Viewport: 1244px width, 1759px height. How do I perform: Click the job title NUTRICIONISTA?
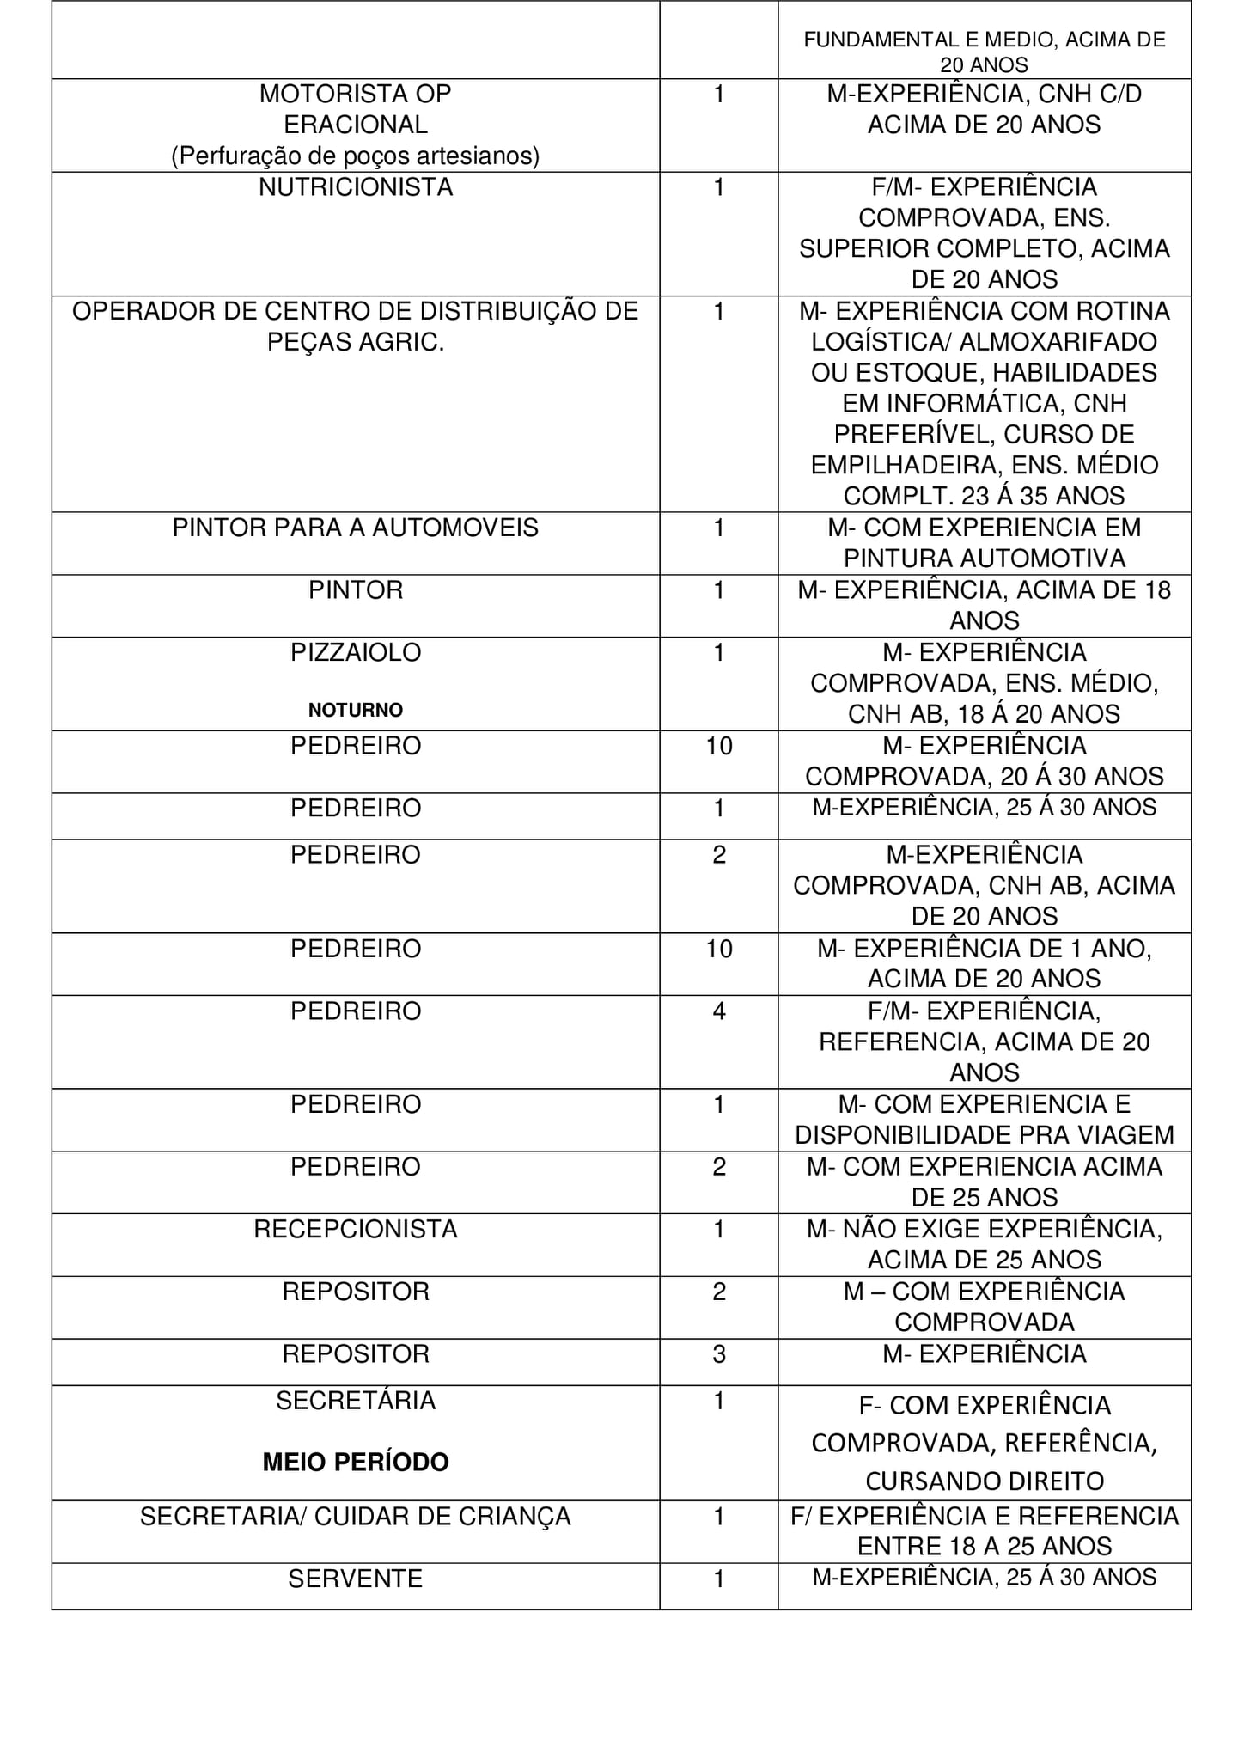(x=355, y=187)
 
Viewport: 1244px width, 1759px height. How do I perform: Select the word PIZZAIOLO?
(x=355, y=653)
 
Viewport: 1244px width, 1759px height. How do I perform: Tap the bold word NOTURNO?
(x=355, y=711)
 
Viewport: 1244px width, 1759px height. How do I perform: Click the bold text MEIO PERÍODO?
(x=355, y=1463)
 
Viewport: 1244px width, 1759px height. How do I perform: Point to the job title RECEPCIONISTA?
(x=355, y=1230)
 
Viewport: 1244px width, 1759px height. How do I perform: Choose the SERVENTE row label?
(x=355, y=1579)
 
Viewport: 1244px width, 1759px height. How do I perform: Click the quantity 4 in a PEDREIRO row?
(x=719, y=1011)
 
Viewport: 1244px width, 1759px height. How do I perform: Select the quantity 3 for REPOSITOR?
(x=719, y=1354)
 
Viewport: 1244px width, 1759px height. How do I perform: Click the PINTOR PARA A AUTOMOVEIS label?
(x=355, y=528)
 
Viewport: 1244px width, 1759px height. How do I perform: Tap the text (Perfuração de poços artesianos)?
(x=355, y=156)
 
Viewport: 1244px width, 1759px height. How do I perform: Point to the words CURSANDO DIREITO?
(x=985, y=1481)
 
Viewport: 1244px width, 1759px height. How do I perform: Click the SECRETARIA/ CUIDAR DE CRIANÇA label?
(x=355, y=1517)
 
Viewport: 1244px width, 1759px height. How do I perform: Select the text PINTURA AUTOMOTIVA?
(x=985, y=559)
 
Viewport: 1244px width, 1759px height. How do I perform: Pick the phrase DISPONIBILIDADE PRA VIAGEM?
(x=985, y=1135)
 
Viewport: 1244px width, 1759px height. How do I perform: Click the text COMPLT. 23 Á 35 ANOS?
(x=985, y=497)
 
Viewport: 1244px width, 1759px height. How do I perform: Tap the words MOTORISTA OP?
(x=355, y=94)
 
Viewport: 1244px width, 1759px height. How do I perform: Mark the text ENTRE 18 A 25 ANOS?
(x=985, y=1547)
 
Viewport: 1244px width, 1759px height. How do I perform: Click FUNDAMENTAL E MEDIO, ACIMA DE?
(x=985, y=40)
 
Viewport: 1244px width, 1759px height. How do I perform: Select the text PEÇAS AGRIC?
(x=355, y=342)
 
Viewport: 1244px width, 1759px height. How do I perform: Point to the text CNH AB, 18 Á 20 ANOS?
(x=985, y=715)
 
